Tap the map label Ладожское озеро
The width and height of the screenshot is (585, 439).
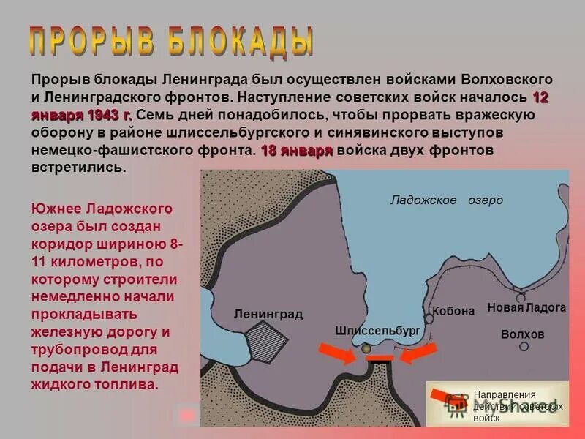point(446,200)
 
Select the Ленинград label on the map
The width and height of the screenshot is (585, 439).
point(268,314)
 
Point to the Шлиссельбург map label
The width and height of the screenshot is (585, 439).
point(377,331)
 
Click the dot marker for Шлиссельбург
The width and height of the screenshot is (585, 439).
point(366,350)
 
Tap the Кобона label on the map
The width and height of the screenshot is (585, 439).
point(453,311)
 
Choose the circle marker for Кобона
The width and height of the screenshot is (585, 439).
point(429,319)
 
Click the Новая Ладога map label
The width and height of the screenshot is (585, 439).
point(526,308)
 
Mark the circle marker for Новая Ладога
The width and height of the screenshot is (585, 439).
point(520,298)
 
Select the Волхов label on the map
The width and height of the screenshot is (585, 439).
point(523,334)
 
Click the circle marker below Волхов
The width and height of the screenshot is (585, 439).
point(524,346)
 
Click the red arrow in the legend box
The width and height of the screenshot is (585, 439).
point(448,398)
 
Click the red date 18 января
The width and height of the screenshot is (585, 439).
point(296,150)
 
